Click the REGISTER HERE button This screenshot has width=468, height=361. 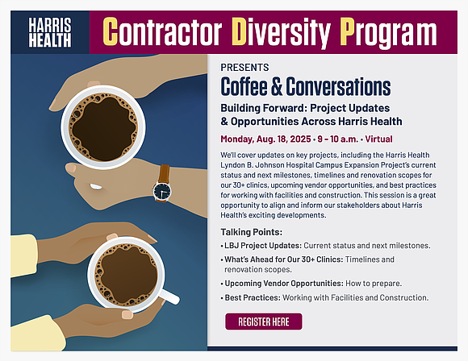tap(263, 322)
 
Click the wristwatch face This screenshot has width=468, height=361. tap(162, 191)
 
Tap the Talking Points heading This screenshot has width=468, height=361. tap(249, 230)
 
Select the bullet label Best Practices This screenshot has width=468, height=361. tap(253, 298)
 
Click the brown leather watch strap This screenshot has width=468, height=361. tap(164, 172)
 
